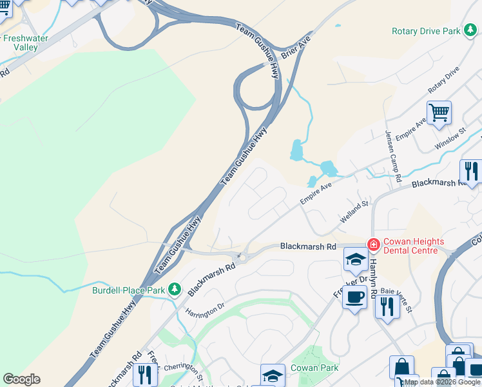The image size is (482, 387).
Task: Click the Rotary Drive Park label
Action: point(425,31)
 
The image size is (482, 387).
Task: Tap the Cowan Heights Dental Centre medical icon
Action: point(373,244)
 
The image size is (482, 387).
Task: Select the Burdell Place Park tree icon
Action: point(174,290)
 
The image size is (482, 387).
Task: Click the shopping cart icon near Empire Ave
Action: point(439,113)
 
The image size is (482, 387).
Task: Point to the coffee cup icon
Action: point(354,297)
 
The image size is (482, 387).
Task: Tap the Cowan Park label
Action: point(314,368)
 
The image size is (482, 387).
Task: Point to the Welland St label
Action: point(354,213)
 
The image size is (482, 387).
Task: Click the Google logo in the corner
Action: point(21,379)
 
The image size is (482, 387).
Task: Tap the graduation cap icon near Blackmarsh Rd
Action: point(355,259)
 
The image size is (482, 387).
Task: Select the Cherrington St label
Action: point(183,369)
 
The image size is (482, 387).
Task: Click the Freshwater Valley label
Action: point(26,43)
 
